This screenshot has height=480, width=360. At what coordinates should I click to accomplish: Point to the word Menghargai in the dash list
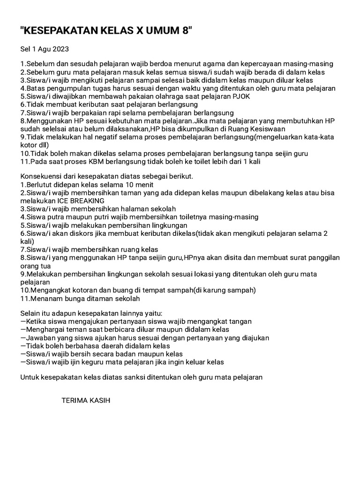click(45, 330)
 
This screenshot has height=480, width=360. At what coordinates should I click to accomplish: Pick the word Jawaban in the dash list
click(39, 337)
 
